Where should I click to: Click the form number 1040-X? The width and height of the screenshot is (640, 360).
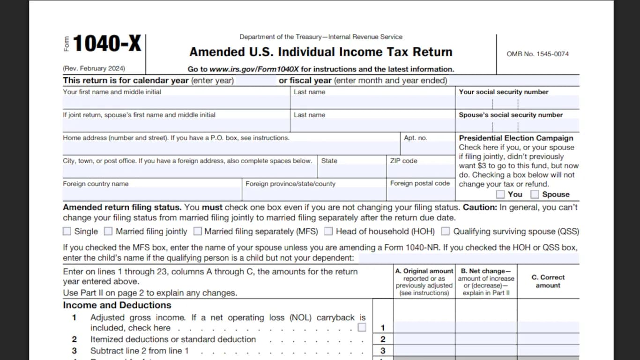click(106, 44)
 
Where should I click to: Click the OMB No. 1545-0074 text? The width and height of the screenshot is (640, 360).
click(537, 54)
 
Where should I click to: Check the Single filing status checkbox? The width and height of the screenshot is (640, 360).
click(67, 231)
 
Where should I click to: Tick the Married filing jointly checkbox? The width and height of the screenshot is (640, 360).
click(108, 231)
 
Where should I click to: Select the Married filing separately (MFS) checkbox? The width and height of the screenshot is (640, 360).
click(198, 231)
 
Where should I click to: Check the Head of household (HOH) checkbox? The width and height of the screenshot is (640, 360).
click(328, 231)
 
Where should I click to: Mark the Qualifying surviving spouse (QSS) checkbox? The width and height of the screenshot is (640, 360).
click(446, 231)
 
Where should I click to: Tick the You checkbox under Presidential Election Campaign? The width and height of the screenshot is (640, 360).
click(500, 194)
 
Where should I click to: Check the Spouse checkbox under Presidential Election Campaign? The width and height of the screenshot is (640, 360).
click(535, 194)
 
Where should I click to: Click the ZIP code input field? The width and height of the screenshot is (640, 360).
click(420, 172)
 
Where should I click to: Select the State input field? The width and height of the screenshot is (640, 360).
click(351, 172)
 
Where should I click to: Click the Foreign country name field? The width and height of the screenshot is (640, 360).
click(152, 194)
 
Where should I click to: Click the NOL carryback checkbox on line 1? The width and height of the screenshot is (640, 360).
click(362, 327)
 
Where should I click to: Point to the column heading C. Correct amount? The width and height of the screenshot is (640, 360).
click(548, 281)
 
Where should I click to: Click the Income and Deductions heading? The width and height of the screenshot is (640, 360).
click(117, 305)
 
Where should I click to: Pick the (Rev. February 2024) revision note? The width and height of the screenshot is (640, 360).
click(94, 68)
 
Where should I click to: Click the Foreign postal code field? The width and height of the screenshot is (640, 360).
click(420, 194)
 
